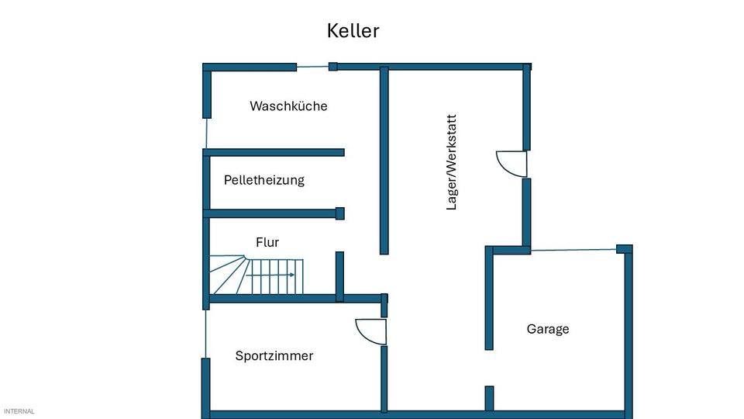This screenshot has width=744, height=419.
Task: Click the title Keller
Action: click(353, 31)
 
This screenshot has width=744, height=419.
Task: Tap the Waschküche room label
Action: click(288, 106)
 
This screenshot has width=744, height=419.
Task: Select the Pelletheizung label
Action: click(263, 180)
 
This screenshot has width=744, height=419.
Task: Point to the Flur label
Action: click(267, 242)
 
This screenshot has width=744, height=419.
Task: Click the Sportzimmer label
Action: click(274, 356)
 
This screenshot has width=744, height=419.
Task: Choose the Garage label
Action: click(548, 329)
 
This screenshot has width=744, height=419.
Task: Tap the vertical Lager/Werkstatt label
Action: click(452, 162)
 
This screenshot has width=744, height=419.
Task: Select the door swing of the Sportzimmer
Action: click(371, 331)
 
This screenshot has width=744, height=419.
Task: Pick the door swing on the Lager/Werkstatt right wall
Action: click(511, 164)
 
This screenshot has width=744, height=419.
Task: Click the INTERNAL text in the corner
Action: click(19, 411)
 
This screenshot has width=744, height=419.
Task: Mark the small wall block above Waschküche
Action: click(333, 67)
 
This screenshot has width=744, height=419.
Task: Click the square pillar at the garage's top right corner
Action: click(624, 249)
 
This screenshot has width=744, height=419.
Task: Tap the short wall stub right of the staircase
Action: click(339, 275)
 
